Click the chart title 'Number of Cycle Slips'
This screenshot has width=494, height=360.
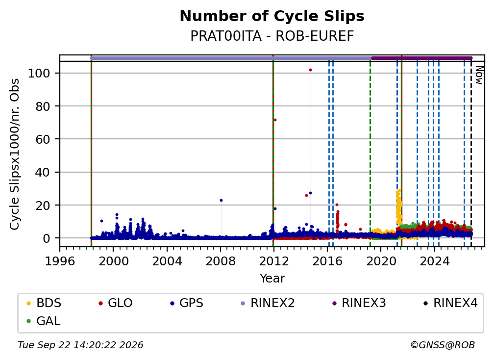tap(272, 16)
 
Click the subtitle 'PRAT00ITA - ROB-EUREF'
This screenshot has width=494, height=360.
tap(272, 36)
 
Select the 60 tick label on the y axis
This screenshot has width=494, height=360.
tap(43, 139)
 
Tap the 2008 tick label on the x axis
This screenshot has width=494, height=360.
tap(220, 261)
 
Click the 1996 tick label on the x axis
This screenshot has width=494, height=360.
tap(60, 261)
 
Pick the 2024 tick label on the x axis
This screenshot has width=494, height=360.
tap(434, 261)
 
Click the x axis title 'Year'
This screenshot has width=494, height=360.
tap(272, 279)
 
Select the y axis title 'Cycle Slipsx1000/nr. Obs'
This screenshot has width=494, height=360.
tap(15, 154)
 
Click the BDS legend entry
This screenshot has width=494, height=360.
tap(44, 303)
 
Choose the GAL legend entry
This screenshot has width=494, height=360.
tap(43, 321)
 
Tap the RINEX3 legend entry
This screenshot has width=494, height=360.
tap(359, 303)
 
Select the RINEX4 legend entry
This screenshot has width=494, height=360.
tap(451, 303)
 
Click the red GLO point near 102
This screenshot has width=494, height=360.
tap(310, 70)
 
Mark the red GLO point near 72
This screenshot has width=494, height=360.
tap(275, 120)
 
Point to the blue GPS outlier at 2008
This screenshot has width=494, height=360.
tap(221, 200)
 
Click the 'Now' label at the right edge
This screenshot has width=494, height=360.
tap(479, 75)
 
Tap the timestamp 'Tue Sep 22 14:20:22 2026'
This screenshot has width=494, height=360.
tap(80, 345)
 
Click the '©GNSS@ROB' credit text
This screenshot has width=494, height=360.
tap(443, 345)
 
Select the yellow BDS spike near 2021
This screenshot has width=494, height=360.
tap(398, 206)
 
